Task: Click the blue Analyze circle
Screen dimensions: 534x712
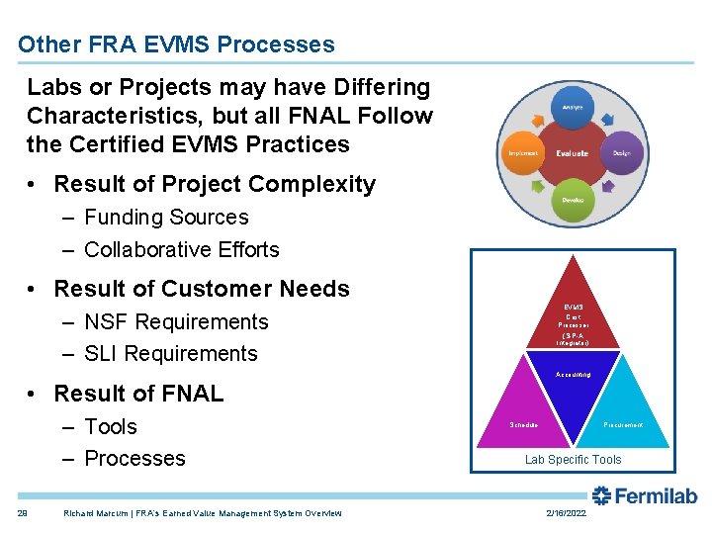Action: click(x=573, y=107)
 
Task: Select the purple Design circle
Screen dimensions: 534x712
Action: click(x=622, y=153)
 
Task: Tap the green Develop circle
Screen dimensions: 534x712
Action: click(x=573, y=200)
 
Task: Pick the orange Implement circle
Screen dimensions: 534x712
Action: click(x=523, y=153)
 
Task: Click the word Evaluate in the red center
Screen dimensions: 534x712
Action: click(x=573, y=153)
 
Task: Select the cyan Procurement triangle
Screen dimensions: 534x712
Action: click(x=622, y=415)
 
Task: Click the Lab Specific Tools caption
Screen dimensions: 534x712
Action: click(x=574, y=460)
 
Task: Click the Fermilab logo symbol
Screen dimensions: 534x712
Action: click(x=601, y=495)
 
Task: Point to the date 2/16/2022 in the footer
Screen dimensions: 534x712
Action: click(x=567, y=513)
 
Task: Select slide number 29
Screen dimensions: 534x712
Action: click(x=22, y=513)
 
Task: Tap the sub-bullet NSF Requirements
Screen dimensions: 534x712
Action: click(x=176, y=321)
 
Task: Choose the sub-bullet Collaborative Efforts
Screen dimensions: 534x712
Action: click(x=182, y=249)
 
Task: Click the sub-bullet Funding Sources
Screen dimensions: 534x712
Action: click(x=166, y=217)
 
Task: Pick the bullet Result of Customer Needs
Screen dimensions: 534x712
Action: click(x=202, y=289)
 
